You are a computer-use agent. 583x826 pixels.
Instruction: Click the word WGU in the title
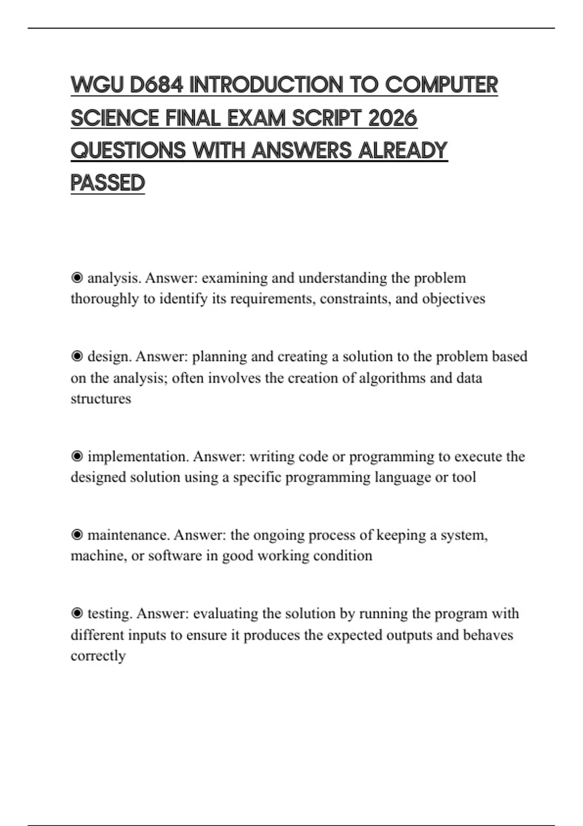point(97,85)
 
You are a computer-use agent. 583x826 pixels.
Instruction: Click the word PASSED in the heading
point(108,183)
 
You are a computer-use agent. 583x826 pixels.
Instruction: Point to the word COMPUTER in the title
point(441,85)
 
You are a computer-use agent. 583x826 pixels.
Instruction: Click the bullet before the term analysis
point(77,278)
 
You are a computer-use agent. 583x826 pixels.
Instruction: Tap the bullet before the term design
point(77,357)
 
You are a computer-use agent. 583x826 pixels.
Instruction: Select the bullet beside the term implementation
point(77,457)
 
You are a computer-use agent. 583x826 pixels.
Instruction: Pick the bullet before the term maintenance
point(77,535)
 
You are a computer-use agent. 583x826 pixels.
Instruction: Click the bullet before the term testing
point(77,614)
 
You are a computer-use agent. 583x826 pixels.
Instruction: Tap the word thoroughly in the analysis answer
point(104,299)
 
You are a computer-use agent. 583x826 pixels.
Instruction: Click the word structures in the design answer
point(101,399)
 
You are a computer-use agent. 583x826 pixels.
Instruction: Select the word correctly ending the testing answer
point(98,656)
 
